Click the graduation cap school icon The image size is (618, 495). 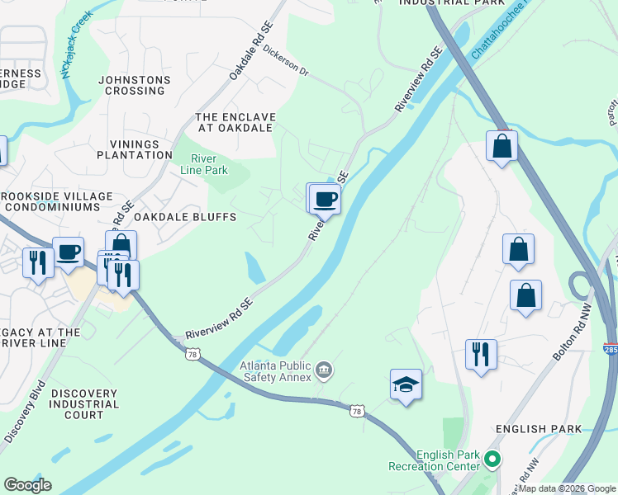(x=406, y=384)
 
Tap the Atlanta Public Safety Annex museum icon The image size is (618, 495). (x=324, y=369)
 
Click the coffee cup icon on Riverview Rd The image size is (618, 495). (x=325, y=200)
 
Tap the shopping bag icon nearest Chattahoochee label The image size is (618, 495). (x=502, y=147)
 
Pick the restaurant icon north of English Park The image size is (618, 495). (x=481, y=355)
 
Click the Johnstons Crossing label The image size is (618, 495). (x=134, y=86)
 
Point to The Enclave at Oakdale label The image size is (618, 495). (x=235, y=122)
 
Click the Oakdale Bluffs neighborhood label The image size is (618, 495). (x=186, y=217)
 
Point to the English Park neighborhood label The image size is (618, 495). (x=538, y=429)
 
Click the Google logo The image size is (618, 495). (x=26, y=485)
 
